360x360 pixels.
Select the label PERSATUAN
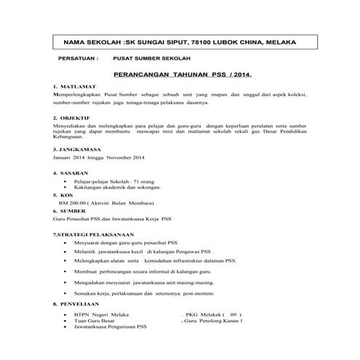click(x=76, y=63)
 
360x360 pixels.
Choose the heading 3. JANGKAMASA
click(x=76, y=148)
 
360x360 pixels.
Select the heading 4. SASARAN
click(x=71, y=173)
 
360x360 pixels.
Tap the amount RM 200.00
click(x=72, y=204)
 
